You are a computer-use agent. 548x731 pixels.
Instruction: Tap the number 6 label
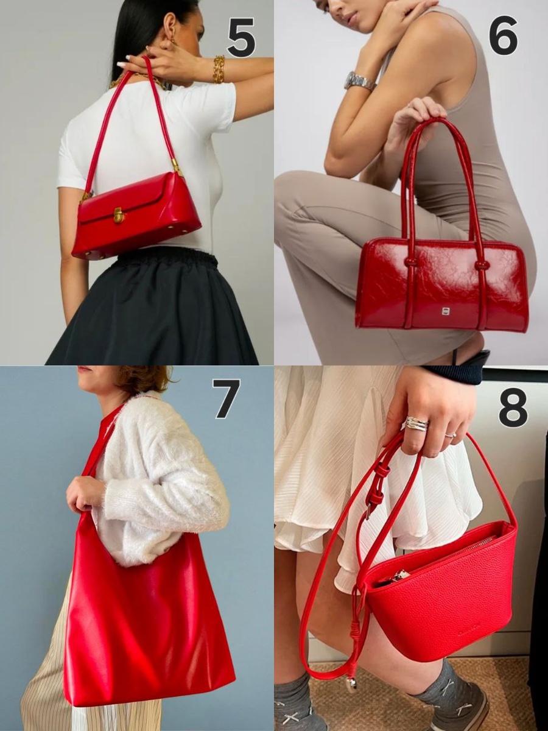click(504, 38)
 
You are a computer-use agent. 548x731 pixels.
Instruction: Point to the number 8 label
click(513, 404)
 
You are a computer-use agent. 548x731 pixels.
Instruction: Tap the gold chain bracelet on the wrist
click(220, 68)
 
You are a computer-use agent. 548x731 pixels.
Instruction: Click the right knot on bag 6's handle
click(481, 266)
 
